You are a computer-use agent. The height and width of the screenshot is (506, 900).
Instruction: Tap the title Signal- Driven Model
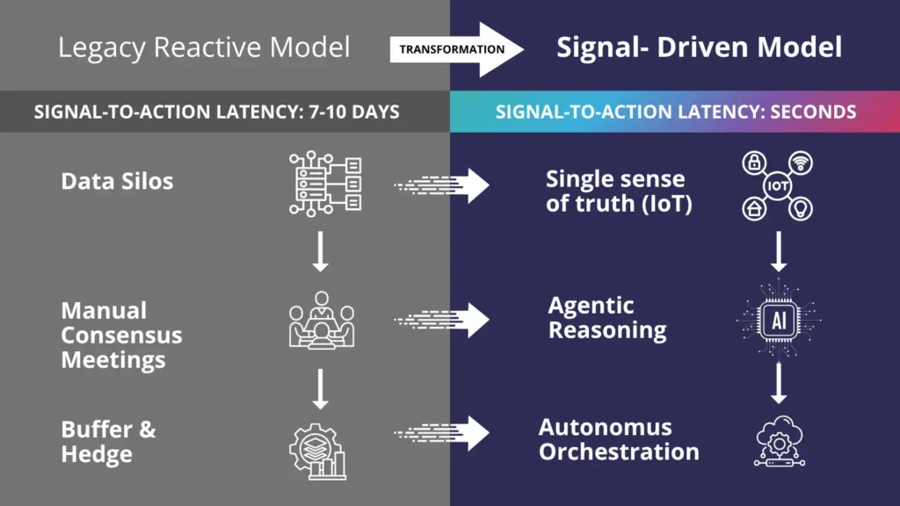click(699, 47)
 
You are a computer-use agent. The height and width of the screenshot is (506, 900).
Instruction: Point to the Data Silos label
click(117, 182)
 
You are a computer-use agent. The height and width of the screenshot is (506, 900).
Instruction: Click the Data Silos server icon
click(323, 184)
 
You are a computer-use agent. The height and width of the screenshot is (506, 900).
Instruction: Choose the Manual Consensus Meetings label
click(121, 335)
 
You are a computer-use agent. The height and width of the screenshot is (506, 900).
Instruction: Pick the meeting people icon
click(321, 321)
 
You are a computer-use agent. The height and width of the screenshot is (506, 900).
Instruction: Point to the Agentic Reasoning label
click(606, 318)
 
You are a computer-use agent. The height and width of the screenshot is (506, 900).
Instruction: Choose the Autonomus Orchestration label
click(619, 440)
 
